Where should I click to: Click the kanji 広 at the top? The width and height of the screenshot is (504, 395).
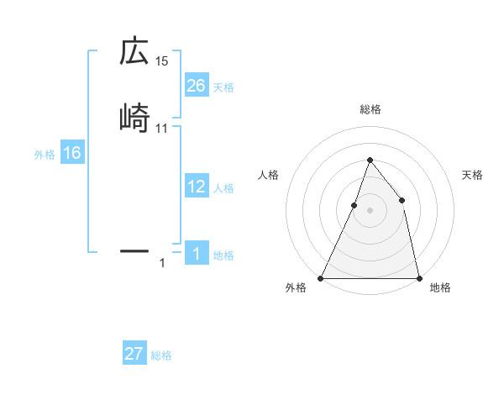coord(134,52)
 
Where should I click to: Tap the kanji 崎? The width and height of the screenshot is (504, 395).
coord(134,118)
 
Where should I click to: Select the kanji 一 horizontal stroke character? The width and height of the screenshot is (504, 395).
coord(134,250)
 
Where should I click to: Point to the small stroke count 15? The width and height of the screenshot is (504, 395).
coord(162,61)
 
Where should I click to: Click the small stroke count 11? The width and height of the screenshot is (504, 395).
coord(162,128)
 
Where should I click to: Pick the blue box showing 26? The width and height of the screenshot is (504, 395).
coord(196,86)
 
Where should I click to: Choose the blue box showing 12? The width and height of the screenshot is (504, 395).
coord(196,187)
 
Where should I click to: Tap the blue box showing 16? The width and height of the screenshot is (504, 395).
coord(71,153)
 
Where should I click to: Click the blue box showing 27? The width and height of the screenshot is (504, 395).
coord(134,354)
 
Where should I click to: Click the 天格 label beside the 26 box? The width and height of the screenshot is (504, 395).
coord(223,87)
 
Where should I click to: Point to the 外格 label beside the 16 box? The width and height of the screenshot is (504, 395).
coord(45,155)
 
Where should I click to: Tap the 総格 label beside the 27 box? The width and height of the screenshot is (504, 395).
coord(161,355)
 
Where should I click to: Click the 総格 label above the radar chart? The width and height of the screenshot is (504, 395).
coord(370,109)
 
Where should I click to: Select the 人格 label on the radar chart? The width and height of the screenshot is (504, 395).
coord(269,175)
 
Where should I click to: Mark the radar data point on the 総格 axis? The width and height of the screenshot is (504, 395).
coord(370,160)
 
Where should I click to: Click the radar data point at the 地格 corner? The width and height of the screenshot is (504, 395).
coord(418,277)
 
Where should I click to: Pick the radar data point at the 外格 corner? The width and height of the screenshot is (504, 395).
coord(321,277)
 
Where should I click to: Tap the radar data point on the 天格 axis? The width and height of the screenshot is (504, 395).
coord(402,200)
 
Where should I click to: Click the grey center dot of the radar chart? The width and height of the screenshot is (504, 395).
coord(370,210)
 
